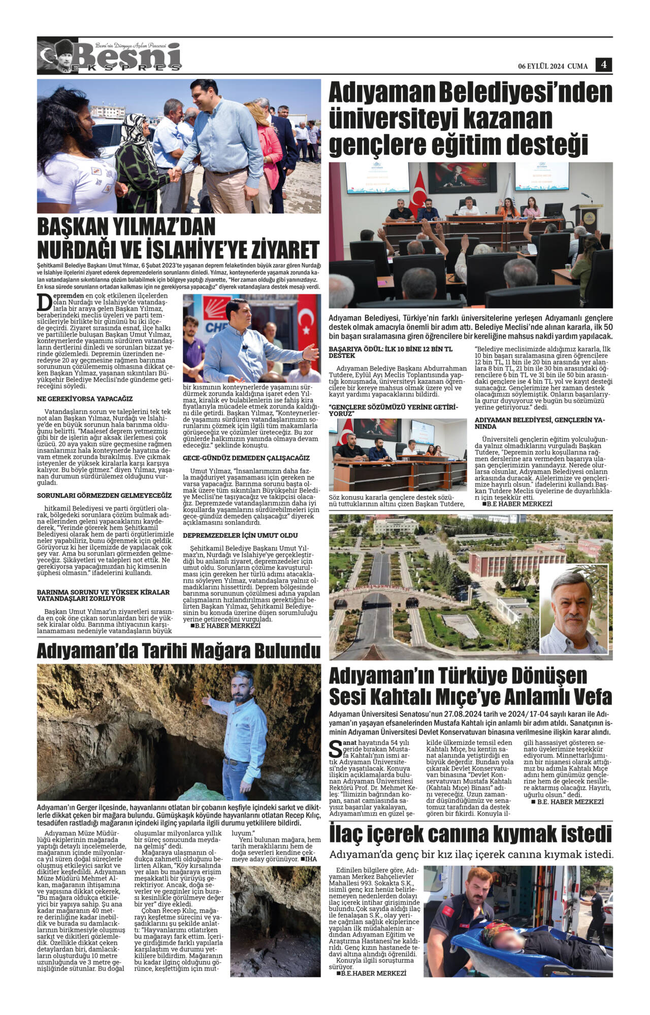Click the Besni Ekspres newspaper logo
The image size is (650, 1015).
click(109, 57)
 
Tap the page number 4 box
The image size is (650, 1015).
click(604, 64)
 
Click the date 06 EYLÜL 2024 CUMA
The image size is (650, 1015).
click(552, 66)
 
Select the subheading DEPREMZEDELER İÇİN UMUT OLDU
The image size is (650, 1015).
click(240, 535)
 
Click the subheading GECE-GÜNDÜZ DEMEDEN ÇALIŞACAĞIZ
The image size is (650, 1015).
click(246, 458)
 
